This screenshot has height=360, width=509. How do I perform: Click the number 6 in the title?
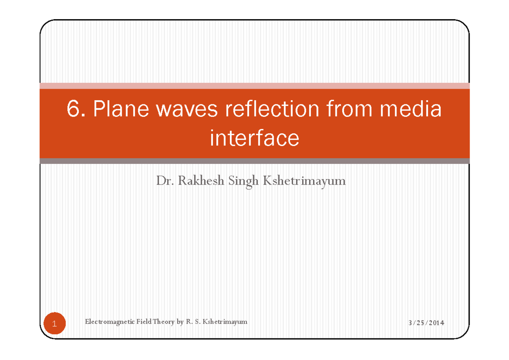[x=73, y=110]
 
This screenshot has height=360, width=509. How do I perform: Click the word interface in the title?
[x=255, y=138]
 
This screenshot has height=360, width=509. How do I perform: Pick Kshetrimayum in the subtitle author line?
[x=305, y=182]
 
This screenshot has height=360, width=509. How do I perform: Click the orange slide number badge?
[x=54, y=324]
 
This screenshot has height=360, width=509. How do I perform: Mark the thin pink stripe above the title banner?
[x=255, y=86]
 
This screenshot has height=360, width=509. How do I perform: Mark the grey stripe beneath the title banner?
[x=255, y=161]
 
